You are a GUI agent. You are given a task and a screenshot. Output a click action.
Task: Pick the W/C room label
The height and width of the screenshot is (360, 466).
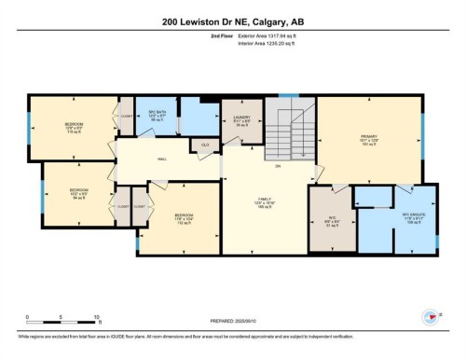click(333, 220)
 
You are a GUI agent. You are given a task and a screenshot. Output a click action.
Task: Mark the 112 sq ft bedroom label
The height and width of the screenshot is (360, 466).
click(184, 219)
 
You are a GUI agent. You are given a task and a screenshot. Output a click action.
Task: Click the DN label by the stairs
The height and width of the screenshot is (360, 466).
click(277, 167)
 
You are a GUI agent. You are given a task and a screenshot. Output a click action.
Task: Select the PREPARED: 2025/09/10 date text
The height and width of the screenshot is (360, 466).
click(232, 319)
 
